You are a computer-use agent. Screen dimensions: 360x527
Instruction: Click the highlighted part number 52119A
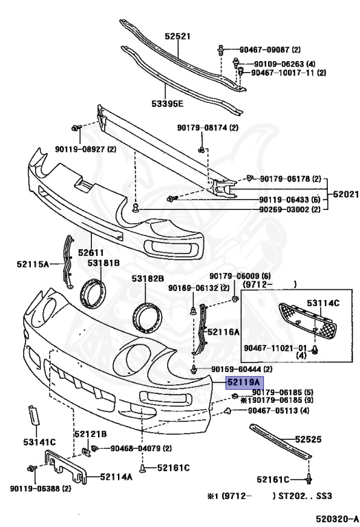pos(244,382)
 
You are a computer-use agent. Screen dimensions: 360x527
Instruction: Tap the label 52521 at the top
pos(178,36)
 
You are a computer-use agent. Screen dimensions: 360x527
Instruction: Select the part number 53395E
pos(167,104)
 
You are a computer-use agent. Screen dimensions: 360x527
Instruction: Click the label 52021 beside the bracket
pos(346,194)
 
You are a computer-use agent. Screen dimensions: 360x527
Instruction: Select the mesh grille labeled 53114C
pos(307,322)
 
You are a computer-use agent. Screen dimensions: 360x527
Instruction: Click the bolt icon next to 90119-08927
pos(76,128)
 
